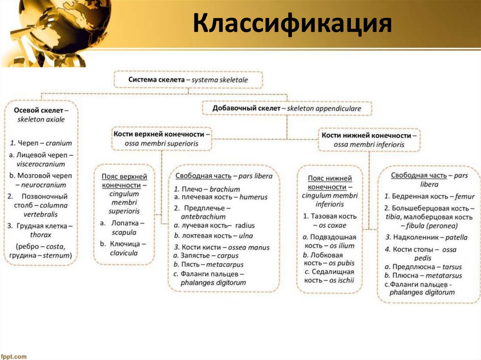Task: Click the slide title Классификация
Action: point(292,23)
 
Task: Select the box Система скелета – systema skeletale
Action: point(188,80)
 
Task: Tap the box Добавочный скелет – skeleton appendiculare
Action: point(287,108)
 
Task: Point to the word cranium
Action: point(60,143)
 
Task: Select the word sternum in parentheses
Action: point(56,256)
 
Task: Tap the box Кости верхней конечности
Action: point(162,138)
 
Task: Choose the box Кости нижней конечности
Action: point(369,140)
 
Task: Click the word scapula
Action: point(124,232)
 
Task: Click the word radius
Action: point(245,226)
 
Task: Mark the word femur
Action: point(465,197)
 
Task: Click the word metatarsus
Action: point(444,276)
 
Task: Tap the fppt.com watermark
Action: point(14,356)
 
